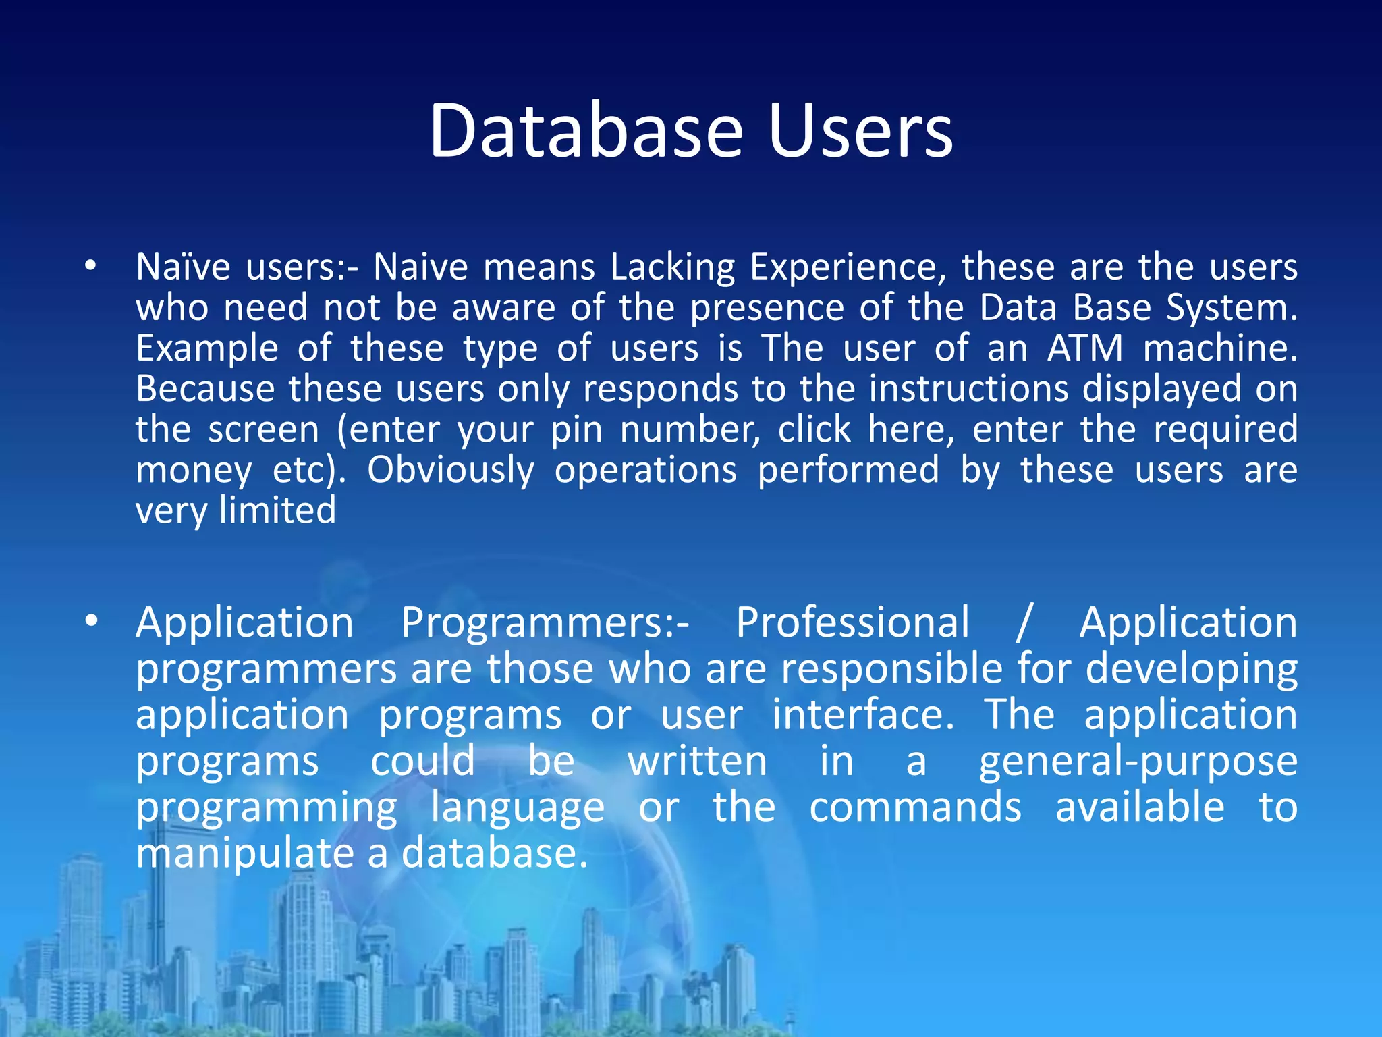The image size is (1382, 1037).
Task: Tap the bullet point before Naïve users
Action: pyautogui.click(x=90, y=266)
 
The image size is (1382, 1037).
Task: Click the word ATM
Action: pyautogui.click(x=1084, y=348)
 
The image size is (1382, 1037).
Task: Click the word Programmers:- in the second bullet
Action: pyautogui.click(x=545, y=623)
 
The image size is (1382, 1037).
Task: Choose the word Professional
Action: pyautogui.click(x=852, y=622)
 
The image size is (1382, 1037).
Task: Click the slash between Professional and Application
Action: pyautogui.click(x=1024, y=622)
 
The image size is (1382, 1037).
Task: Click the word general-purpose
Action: pyautogui.click(x=1138, y=762)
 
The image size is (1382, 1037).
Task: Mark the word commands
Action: pyautogui.click(x=915, y=807)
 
